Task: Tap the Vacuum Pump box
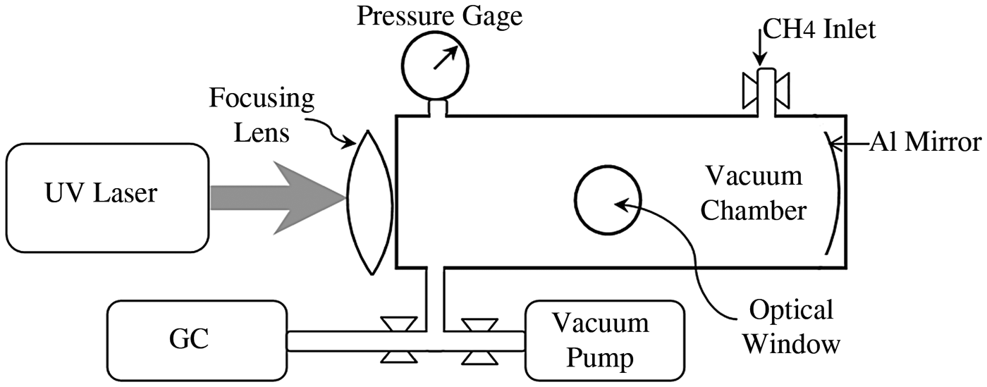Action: click(603, 341)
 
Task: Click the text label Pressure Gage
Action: click(439, 15)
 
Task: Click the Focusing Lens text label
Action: click(262, 115)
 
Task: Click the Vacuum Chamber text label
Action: click(754, 192)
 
